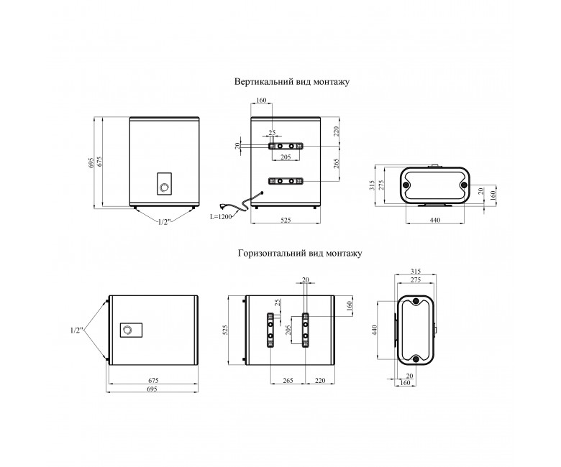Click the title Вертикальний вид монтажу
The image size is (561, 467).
click(292, 82)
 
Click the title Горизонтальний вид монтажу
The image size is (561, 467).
click(300, 254)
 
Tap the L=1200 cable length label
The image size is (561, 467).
click(221, 216)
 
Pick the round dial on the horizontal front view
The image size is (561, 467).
click(127, 330)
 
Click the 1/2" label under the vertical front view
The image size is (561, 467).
click(163, 222)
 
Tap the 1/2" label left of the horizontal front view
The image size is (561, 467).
click(77, 330)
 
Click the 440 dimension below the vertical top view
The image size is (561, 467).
click(434, 220)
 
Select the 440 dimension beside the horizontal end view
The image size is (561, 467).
click(374, 330)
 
